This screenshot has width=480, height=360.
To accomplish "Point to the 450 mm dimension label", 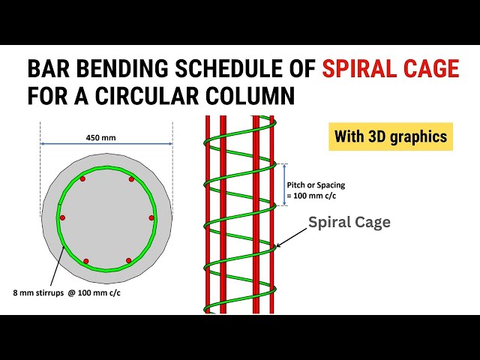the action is coord(100,138).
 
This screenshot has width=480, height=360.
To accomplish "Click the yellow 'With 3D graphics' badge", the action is coord(391,136).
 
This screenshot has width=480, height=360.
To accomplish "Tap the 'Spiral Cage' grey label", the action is coord(349,223).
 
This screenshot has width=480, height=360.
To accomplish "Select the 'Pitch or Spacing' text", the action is coord(316,185).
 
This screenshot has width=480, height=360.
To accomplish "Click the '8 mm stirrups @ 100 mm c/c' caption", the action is coord(67,293).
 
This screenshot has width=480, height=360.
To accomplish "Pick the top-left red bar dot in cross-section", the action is coord(82,178).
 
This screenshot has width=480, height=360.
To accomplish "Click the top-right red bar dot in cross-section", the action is coord(131,179).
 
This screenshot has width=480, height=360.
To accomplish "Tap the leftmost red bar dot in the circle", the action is coord(62,218).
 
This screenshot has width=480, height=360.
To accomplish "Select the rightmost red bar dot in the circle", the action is coord(151,217).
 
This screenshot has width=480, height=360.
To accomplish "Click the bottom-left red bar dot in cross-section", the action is coord(86,261).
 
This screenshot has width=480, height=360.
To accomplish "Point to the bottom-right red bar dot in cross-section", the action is coord(128,260).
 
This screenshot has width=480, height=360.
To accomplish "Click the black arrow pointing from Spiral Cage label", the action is coord(292,237).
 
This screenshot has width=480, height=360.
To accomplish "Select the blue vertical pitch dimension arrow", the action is coord(285,184).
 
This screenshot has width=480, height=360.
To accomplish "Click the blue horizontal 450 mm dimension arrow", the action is coord(106,143).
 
